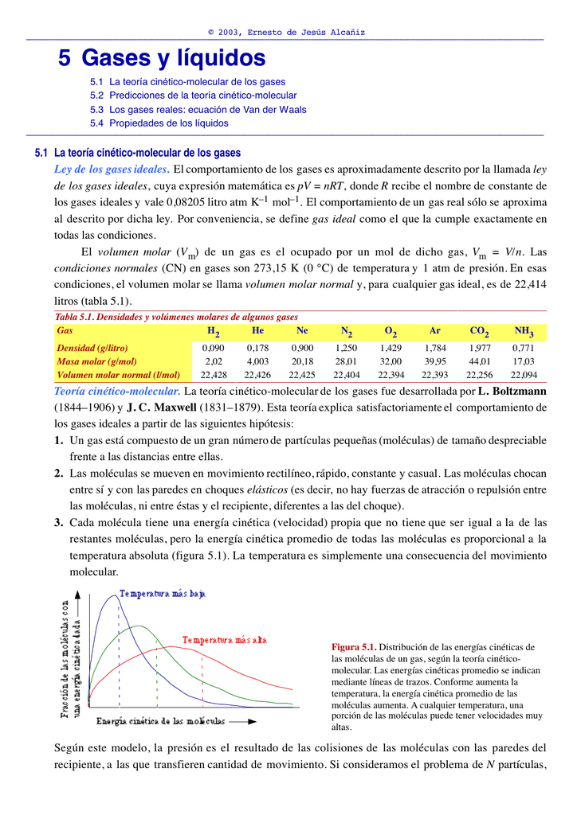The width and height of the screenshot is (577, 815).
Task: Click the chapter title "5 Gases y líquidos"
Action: coord(162,58)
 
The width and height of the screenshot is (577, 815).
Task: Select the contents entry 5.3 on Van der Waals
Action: coord(198,110)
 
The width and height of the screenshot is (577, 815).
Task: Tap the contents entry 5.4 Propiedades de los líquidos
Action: coord(159,123)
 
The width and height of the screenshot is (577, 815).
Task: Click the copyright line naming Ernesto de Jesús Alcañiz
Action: coord(286,33)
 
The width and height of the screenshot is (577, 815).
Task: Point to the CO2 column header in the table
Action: coord(480,331)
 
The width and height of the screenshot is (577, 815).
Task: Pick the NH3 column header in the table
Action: coord(524,331)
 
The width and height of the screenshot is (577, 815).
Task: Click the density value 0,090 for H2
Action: coord(213,348)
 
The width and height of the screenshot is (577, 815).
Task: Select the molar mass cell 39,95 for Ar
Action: coord(435,361)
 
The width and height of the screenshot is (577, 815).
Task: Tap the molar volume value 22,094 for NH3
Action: coord(524,375)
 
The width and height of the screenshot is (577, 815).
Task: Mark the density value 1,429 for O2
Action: coord(391,348)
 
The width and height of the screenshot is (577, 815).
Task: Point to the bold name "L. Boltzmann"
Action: coord(512,392)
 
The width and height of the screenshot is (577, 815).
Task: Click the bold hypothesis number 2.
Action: coord(59,474)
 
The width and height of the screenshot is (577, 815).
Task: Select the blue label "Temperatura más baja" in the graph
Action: coord(163,593)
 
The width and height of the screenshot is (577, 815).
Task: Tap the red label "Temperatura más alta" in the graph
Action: coord(224,640)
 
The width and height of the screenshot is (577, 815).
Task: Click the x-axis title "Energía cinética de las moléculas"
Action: coord(161,721)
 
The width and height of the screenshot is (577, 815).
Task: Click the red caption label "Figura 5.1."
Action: coord(353,647)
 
